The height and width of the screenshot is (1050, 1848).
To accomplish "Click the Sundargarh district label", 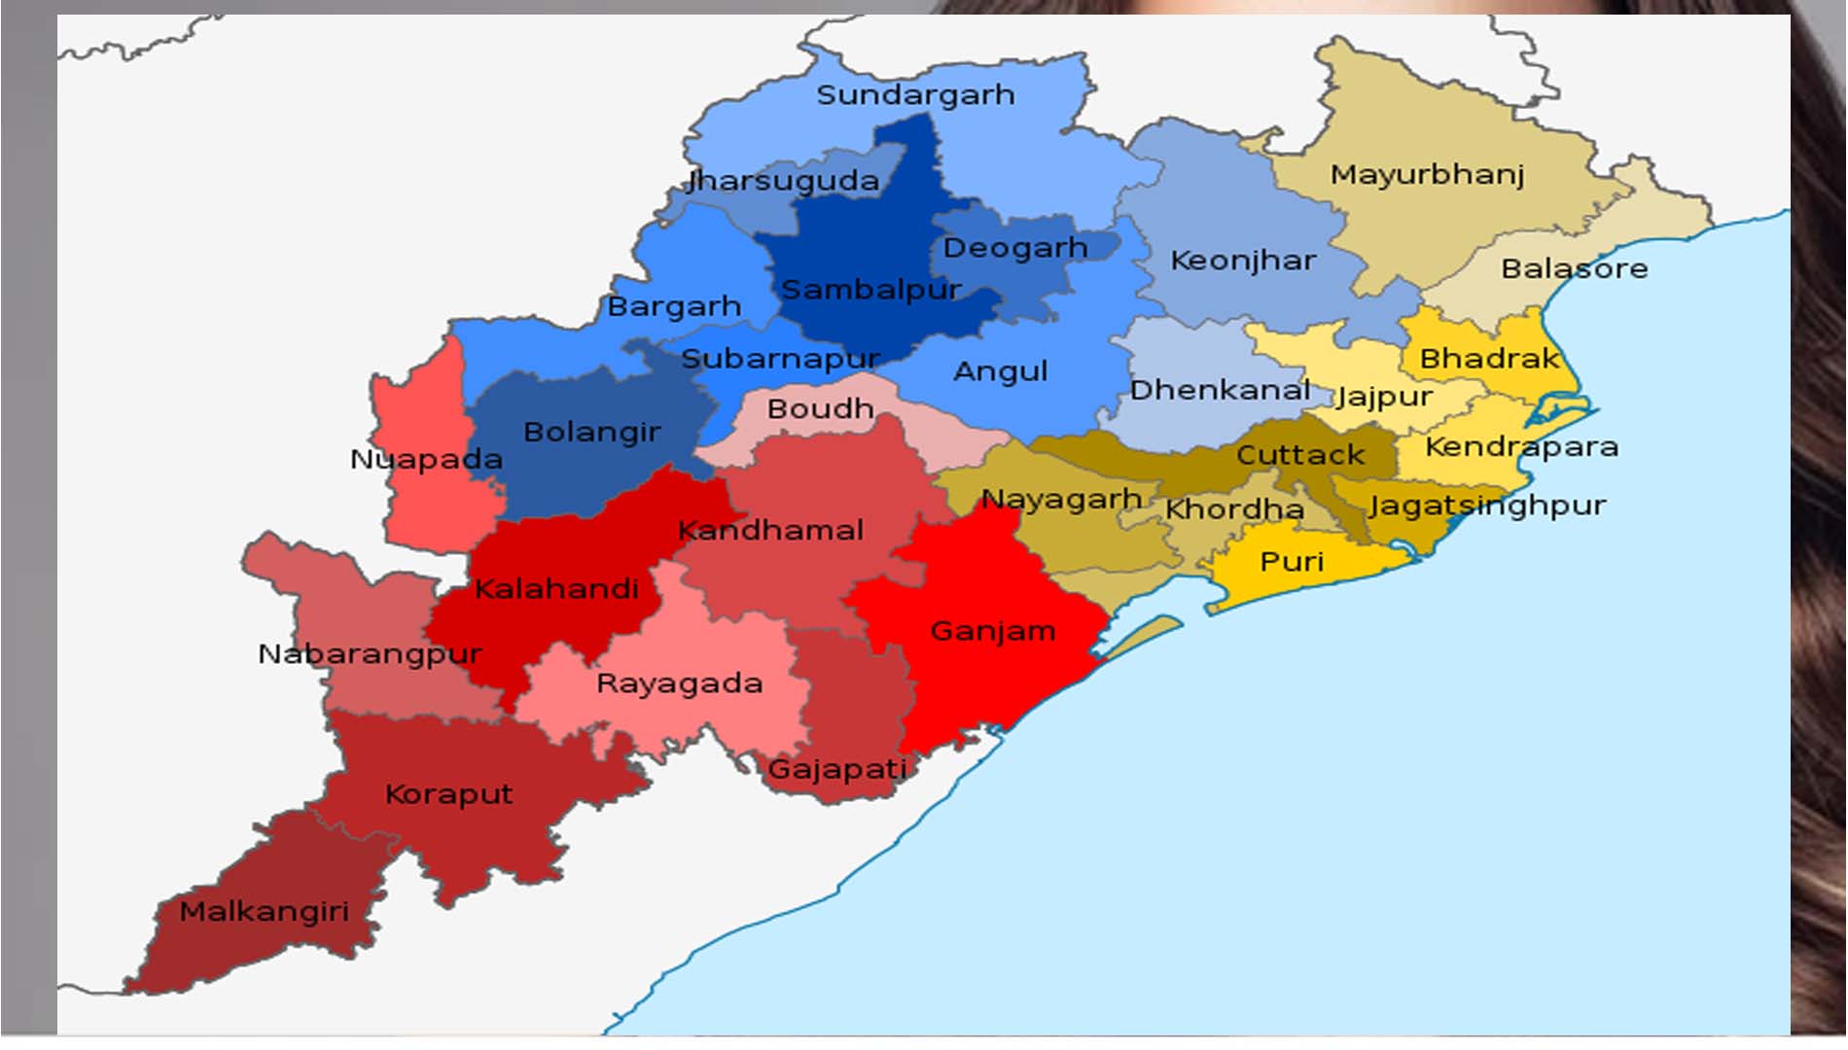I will [915, 95].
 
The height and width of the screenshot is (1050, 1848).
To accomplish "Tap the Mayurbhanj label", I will [1427, 175].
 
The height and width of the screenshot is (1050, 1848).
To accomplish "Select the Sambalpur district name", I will [871, 290].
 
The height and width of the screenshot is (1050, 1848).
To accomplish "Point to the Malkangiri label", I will [264, 912].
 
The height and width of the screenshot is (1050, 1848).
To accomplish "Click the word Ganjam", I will [992, 631].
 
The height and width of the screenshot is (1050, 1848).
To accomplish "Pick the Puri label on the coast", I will [1292, 562].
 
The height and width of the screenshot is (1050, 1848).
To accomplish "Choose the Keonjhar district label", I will [1243, 261].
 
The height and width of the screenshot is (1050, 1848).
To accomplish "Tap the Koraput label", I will [448, 794].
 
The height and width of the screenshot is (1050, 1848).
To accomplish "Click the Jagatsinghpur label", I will [1487, 506].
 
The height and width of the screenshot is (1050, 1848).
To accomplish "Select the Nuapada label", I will [426, 459].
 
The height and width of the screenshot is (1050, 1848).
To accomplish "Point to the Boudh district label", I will [820, 408].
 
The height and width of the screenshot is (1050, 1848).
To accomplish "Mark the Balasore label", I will [1574, 268].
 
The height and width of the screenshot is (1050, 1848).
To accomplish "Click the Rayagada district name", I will [679, 683].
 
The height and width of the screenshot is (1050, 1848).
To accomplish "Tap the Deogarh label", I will [1014, 248].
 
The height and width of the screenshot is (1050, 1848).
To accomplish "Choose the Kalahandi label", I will [556, 588].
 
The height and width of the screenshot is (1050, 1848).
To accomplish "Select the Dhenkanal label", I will [1220, 390].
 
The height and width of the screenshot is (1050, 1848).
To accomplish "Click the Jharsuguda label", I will [783, 181].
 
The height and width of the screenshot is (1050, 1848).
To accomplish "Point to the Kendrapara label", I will [1521, 447].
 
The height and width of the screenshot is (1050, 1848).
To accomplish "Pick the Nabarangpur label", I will [370, 654].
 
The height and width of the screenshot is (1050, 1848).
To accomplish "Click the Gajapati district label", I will [836, 770].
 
